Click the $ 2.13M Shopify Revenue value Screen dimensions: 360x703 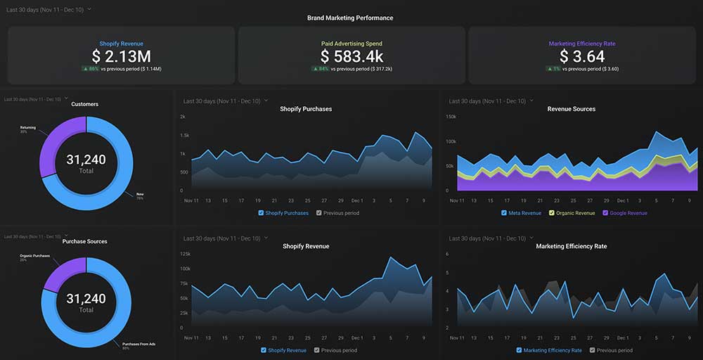coord(121,56)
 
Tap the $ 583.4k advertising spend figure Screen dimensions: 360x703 coord(351,56)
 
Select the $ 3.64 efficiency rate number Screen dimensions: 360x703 coord(582,56)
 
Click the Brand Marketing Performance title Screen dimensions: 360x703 coord(350,18)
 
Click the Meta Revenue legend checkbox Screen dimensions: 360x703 coord(504,213)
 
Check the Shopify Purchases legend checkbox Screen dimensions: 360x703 coord(261,213)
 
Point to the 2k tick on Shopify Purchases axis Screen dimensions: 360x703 coord(182,117)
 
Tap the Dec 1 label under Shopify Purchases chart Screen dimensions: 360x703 coord(357,200)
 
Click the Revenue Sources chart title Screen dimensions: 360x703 coord(571,109)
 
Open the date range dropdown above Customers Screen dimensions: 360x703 coord(35,100)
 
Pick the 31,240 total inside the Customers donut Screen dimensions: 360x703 coord(86,160)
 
